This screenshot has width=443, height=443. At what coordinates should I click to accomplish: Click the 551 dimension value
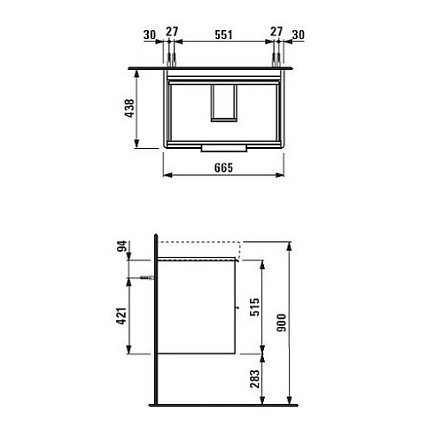[223, 35]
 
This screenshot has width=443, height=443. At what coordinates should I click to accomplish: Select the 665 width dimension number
[223, 167]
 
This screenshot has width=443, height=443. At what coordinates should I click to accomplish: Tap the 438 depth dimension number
[130, 108]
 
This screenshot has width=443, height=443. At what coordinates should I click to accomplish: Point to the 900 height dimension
[282, 323]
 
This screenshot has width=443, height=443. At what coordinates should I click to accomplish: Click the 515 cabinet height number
[254, 307]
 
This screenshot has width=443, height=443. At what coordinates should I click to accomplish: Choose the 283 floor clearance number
[254, 379]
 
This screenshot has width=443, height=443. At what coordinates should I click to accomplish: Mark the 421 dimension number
[121, 316]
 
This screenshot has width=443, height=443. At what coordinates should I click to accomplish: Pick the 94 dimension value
[122, 246]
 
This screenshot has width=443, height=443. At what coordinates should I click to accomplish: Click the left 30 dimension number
[150, 35]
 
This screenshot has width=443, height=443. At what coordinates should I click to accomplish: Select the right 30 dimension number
[299, 35]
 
